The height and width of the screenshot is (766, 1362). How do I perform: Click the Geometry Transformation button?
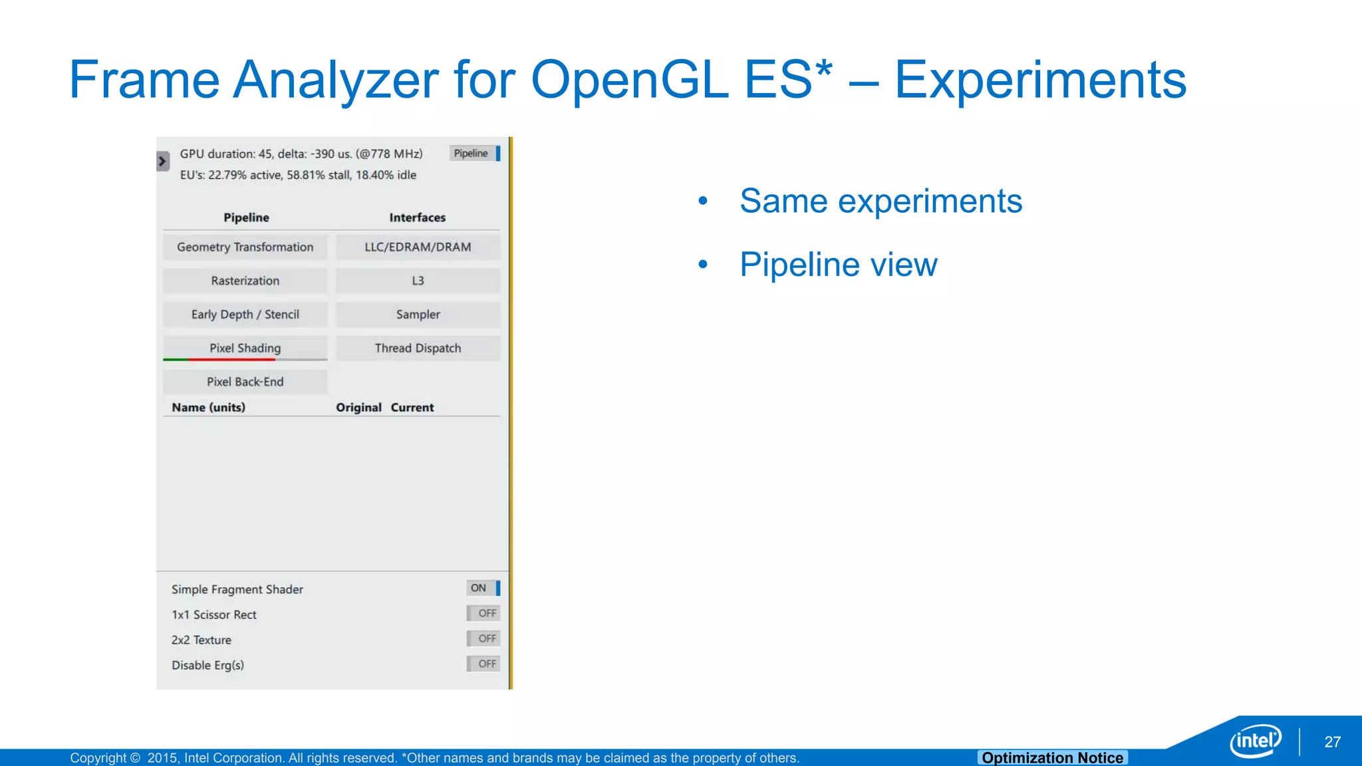point(245,247)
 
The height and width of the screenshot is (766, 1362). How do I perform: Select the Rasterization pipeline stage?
point(245,281)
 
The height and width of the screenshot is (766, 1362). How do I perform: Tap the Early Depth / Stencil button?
point(245,315)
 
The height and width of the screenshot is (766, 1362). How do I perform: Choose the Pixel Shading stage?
point(245,348)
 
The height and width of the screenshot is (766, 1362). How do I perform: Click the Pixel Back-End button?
point(245,382)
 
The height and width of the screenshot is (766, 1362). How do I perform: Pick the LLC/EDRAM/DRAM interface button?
point(418,247)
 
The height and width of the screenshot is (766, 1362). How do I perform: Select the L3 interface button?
point(418,281)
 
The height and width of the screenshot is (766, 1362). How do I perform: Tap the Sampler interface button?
point(418,315)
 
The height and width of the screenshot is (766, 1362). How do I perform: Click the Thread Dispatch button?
point(418,348)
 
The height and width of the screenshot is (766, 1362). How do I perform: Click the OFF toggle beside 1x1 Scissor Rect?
point(483,613)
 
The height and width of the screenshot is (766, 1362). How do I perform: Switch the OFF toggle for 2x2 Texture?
point(483,638)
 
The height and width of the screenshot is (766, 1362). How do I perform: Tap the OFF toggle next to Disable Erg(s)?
point(483,664)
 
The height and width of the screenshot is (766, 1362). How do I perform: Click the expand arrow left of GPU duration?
point(162,161)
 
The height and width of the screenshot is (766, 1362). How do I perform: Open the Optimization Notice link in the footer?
point(1052,757)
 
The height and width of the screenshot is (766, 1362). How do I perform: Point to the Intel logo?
point(1255,740)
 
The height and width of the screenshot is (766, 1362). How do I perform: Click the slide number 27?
point(1332,742)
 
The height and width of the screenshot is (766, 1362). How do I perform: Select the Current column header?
point(412,408)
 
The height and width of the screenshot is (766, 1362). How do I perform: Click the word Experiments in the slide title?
point(1040,80)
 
